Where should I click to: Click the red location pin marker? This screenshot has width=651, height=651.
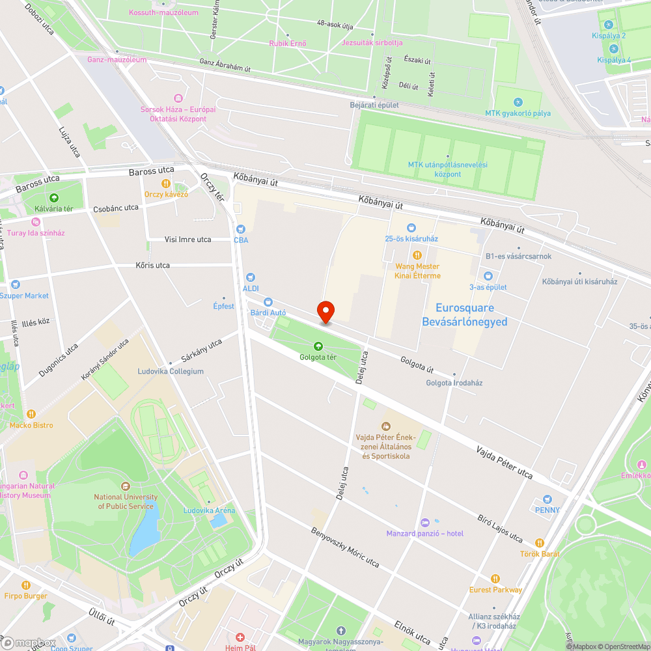325,312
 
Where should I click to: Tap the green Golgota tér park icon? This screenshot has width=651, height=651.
318,346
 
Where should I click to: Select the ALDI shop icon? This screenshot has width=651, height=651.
250,277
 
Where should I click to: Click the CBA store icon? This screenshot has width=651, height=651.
241,229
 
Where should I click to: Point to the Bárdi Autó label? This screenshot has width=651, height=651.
268,312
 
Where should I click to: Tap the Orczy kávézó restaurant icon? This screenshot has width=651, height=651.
166,184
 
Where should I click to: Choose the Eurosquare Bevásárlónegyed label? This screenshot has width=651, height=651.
464,314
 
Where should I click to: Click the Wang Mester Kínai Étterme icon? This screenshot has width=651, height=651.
417,255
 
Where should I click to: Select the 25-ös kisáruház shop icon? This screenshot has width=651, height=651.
411,228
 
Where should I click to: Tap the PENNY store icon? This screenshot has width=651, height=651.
547,499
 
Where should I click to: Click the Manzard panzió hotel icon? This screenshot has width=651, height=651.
425,523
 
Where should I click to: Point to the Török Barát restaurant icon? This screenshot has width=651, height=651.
540,543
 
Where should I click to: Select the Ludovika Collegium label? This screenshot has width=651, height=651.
171,371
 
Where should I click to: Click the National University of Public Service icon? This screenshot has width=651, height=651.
126,486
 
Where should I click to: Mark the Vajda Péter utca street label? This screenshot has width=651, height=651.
504,462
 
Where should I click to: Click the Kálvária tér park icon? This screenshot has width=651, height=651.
53,198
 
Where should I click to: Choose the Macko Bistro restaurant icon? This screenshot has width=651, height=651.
31,414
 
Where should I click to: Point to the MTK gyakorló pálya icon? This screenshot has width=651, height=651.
518,102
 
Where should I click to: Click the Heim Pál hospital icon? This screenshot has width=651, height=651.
240,637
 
